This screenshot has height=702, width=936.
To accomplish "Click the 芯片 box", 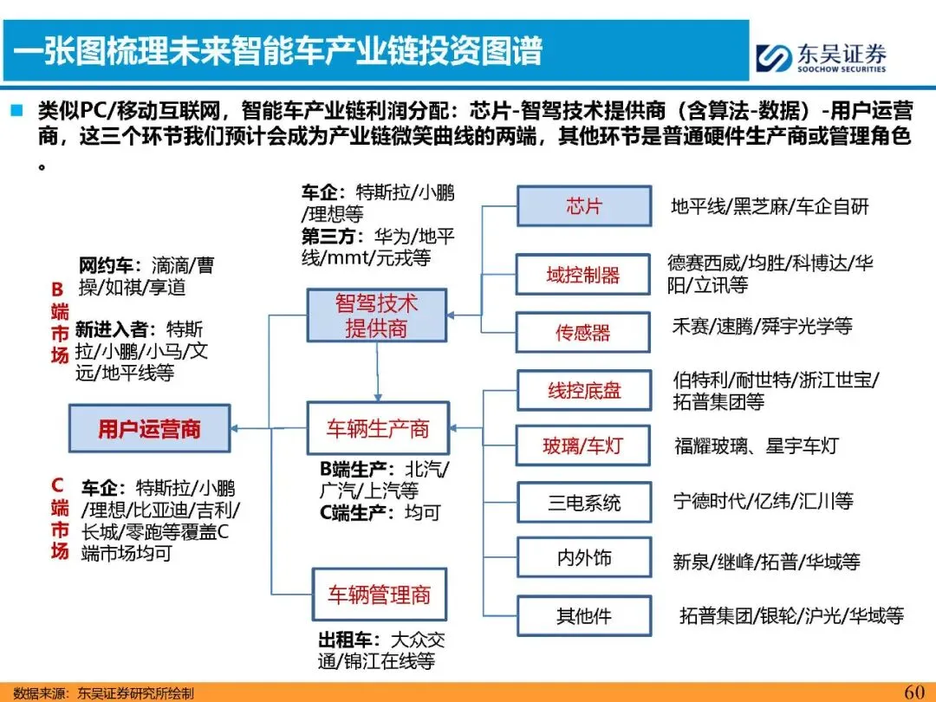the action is [x=583, y=206].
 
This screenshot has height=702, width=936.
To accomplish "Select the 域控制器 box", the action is [x=583, y=276].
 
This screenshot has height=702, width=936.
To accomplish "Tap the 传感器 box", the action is [x=583, y=332].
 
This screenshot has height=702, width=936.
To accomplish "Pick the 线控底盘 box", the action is [x=583, y=391].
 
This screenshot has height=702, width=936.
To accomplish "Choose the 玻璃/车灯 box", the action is [x=583, y=447].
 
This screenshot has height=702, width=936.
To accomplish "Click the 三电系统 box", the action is [x=583, y=503].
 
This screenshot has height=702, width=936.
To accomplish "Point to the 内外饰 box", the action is [x=583, y=559].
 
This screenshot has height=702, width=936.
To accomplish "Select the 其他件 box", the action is [x=583, y=616].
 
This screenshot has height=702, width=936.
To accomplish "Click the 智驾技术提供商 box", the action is [x=376, y=315].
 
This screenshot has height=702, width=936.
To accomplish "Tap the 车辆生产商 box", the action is [x=377, y=428].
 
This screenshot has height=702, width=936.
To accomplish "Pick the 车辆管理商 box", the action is [x=378, y=595].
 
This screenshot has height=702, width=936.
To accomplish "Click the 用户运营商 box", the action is [x=149, y=428].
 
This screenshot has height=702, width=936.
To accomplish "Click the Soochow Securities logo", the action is [x=819, y=56].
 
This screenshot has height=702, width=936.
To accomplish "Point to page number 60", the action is [x=913, y=691].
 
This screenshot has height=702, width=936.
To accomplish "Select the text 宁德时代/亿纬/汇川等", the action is [x=763, y=501].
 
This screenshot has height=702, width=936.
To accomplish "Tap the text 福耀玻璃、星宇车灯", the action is [x=757, y=446].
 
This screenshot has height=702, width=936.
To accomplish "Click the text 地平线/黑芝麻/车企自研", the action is [x=770, y=206].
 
